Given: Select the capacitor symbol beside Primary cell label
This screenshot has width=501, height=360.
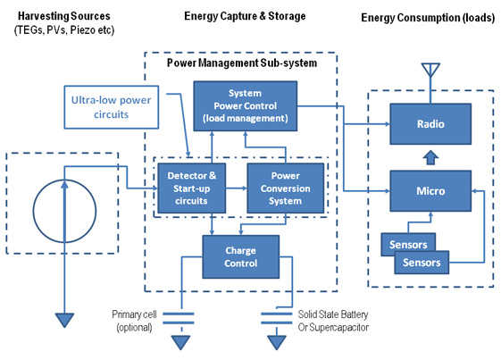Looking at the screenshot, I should pyautogui.click(x=181, y=317).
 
